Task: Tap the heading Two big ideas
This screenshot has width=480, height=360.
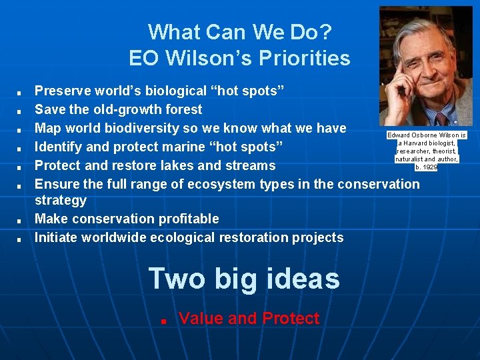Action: tap(244, 278)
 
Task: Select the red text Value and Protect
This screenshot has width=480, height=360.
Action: tap(249, 319)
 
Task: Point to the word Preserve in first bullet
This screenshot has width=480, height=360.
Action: tap(62, 91)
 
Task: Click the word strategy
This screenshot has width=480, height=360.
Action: tap(61, 200)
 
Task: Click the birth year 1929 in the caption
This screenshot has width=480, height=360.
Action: tap(430, 167)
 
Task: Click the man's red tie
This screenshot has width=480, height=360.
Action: tap(441, 119)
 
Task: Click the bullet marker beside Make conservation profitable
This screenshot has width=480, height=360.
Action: tap(21, 220)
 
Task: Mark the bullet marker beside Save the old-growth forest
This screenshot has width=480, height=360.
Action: tap(21, 111)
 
